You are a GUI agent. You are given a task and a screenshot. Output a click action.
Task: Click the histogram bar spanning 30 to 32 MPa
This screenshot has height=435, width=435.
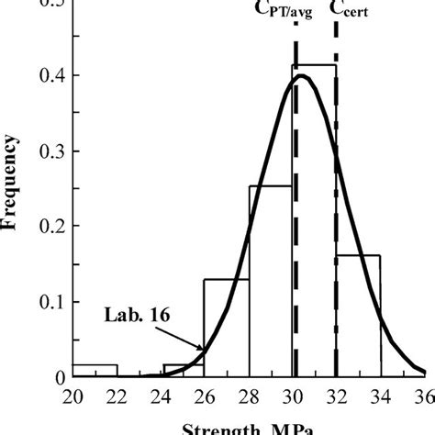point(315,220)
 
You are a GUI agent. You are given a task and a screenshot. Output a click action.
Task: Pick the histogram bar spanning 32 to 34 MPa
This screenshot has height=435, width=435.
point(359,316)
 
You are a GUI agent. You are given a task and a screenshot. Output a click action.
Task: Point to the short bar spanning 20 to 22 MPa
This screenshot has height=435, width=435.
point(95,370)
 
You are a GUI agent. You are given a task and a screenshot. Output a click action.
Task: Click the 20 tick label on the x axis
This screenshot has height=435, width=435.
point(72,397)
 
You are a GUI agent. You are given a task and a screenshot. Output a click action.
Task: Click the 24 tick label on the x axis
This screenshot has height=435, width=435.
point(161,397)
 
